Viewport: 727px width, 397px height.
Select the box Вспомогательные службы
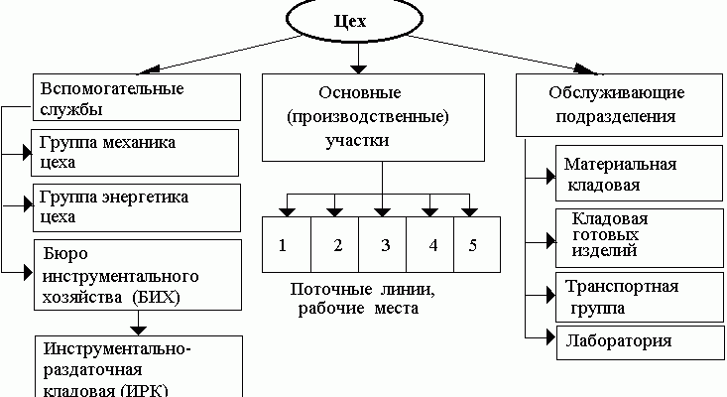click(x=137, y=96)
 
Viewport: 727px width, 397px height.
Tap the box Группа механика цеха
click(x=136, y=152)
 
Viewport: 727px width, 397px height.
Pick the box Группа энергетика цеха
click(x=136, y=206)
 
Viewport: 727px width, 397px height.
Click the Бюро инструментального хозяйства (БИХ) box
click(x=136, y=274)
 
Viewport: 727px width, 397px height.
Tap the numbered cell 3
click(x=383, y=243)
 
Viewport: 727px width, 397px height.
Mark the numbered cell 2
click(x=336, y=243)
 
